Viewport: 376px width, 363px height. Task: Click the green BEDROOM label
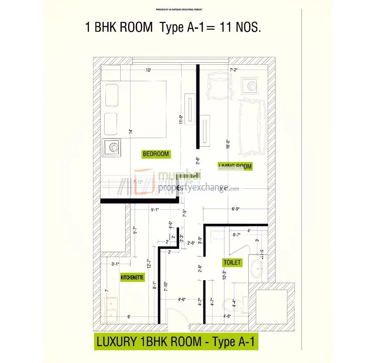point(156,154)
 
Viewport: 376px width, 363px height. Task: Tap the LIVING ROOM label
point(235,166)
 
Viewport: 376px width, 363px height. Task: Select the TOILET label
point(232,262)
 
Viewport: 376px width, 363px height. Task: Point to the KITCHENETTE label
point(132,278)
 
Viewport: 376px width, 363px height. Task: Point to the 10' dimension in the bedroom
point(148,70)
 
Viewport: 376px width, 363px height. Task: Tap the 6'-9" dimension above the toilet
point(235,209)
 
